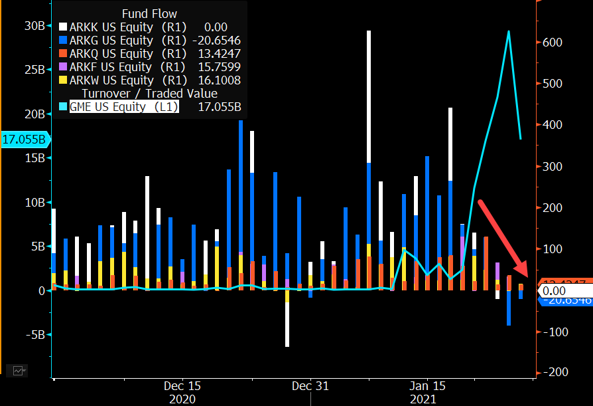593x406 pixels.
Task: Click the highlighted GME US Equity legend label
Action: [x=124, y=106]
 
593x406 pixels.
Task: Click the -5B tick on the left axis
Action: [x=33, y=335]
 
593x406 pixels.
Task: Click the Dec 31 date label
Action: [x=310, y=385]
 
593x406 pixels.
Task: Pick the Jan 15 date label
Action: [x=427, y=385]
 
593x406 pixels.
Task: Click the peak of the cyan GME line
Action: [x=509, y=31]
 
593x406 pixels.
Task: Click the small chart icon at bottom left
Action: [x=19, y=371]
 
